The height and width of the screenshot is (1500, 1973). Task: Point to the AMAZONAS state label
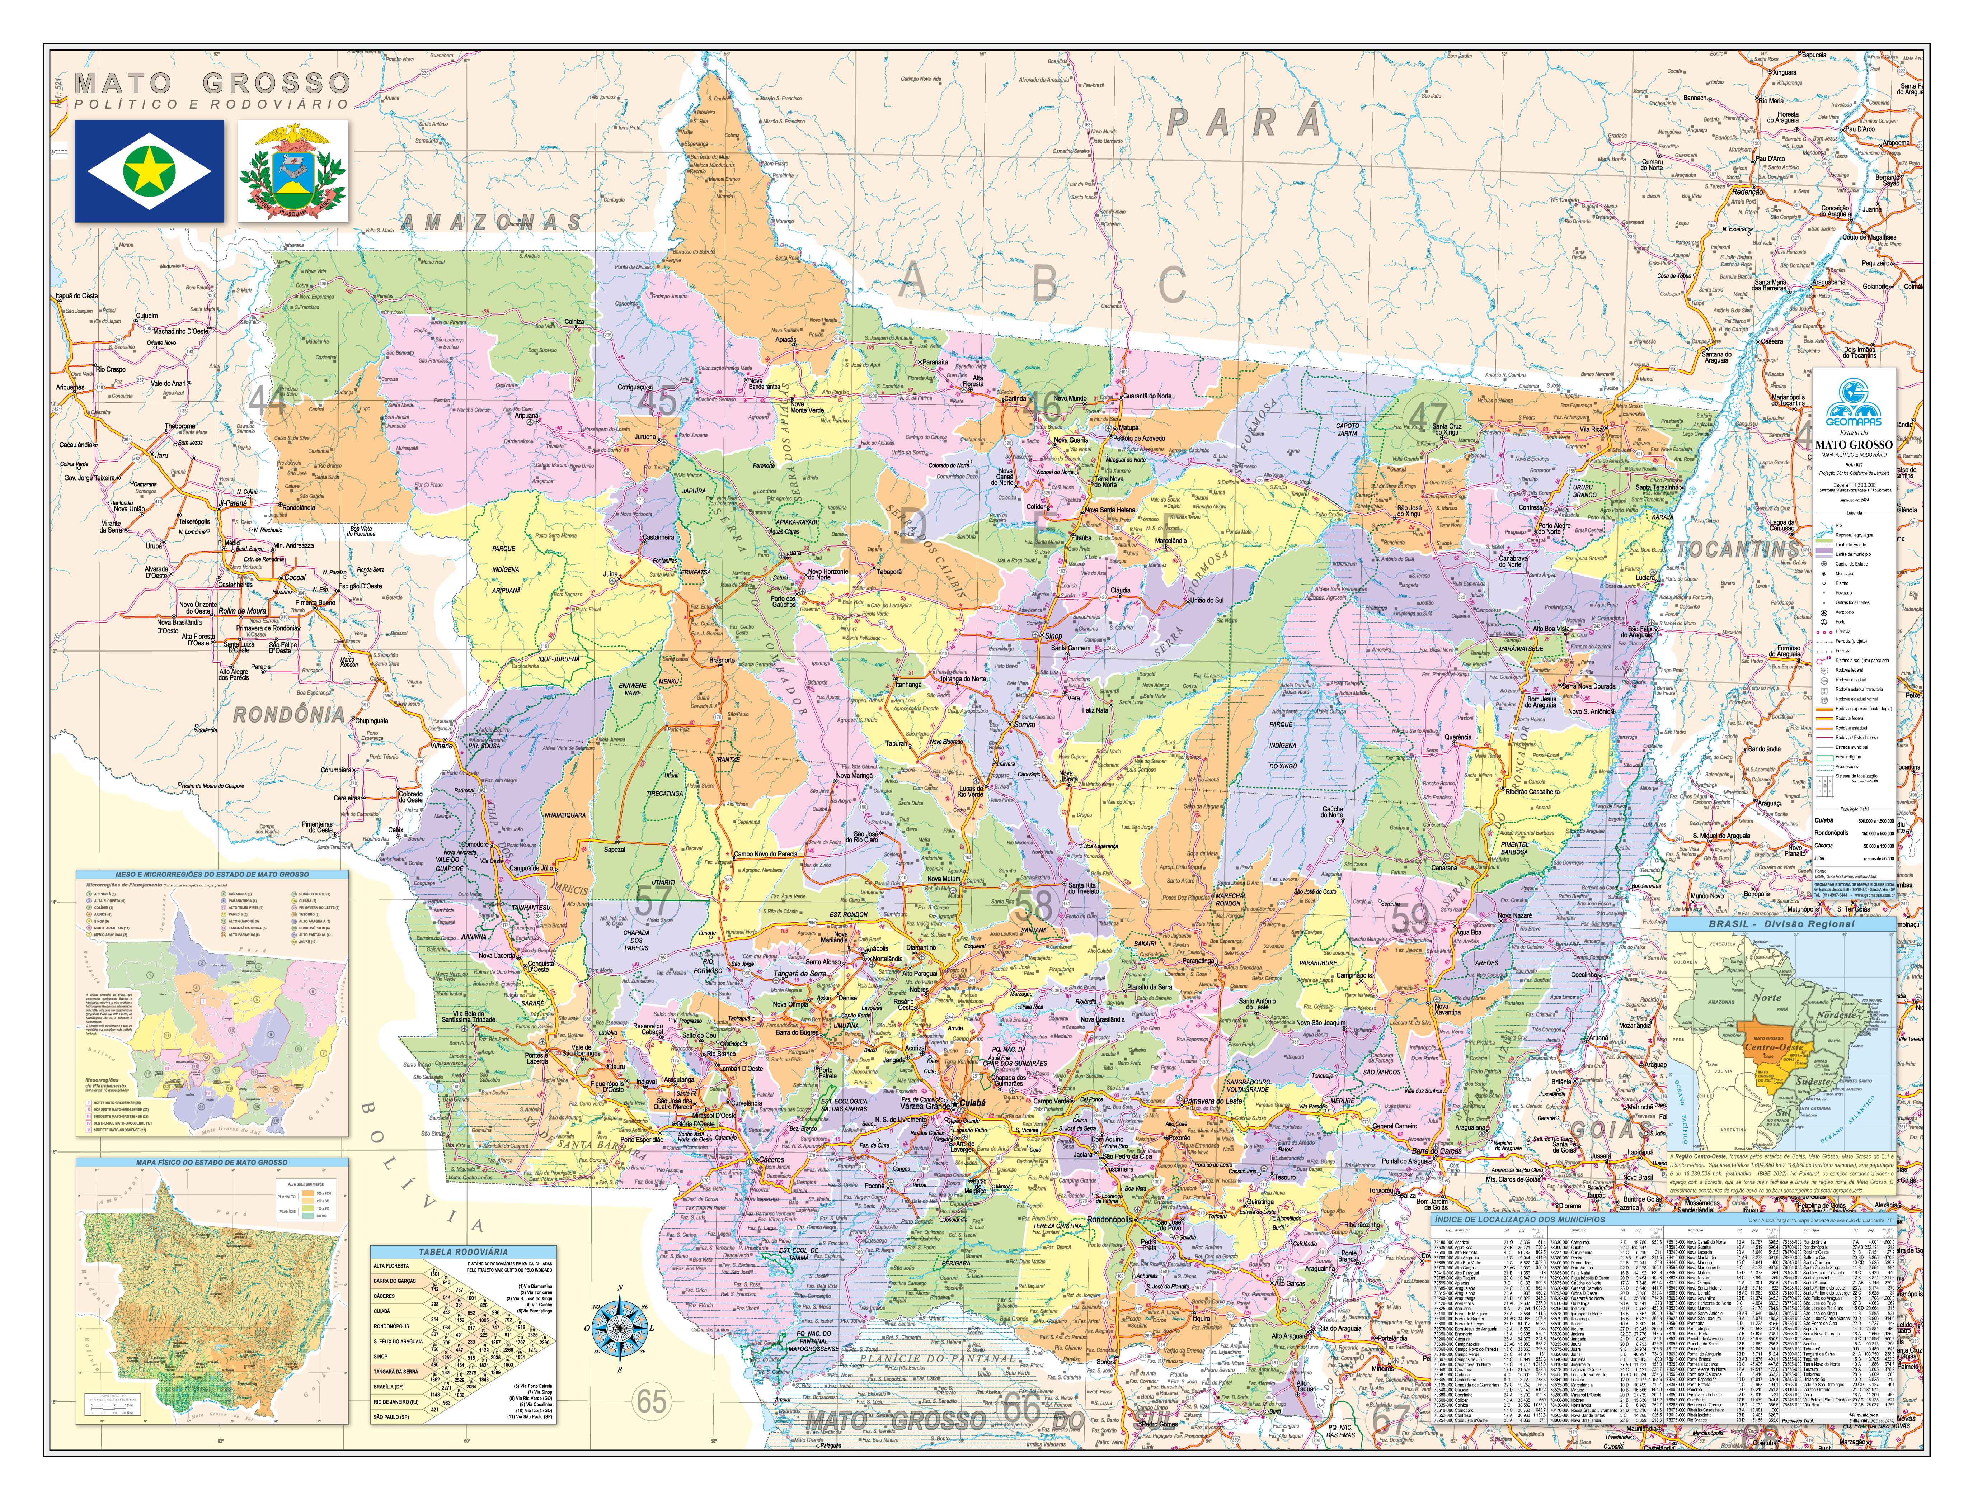tap(491, 221)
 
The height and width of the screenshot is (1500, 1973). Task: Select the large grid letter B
tap(1043, 284)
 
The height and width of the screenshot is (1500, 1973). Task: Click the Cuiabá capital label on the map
tap(969, 1103)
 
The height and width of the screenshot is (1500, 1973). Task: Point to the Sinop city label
tap(1053, 636)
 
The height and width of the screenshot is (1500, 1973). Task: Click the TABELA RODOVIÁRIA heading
tap(464, 1252)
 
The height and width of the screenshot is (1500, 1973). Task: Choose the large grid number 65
tap(652, 1401)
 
